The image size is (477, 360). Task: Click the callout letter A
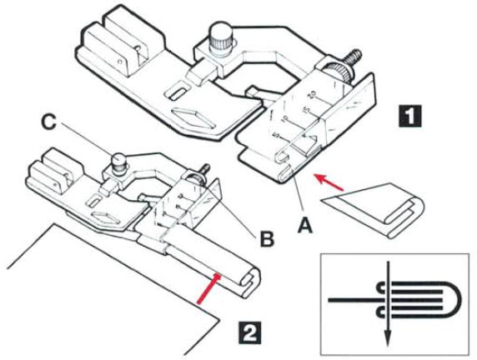pyautogui.click(x=305, y=226)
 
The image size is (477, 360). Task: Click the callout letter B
pyautogui.click(x=267, y=239)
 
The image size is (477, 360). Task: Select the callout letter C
pyautogui.click(x=48, y=122)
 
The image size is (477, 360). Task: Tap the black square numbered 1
pyautogui.click(x=410, y=116)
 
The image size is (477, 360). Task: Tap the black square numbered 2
pyautogui.click(x=249, y=332)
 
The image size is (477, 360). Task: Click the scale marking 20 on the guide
pyautogui.click(x=313, y=95)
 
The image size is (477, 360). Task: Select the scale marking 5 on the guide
pyautogui.click(x=277, y=134)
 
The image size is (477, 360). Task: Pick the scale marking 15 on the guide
pyautogui.click(x=306, y=109)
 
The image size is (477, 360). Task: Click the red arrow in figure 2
pyautogui.click(x=208, y=288)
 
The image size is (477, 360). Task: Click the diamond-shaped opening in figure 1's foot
pyautogui.click(x=193, y=117)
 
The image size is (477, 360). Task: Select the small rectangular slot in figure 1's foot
pyautogui.click(x=178, y=92)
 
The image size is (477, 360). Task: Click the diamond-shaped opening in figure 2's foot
pyautogui.click(x=105, y=217)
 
